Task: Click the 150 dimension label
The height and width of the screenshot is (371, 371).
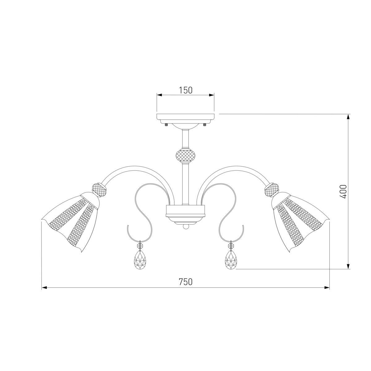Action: pyautogui.click(x=185, y=90)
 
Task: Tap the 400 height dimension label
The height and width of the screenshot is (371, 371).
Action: pyautogui.click(x=344, y=191)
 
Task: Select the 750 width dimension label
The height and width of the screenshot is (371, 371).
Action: pyautogui.click(x=185, y=282)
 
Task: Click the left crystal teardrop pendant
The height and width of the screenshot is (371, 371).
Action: pyautogui.click(x=140, y=260)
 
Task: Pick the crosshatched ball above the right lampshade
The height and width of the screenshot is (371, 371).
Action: pyautogui.click(x=271, y=189)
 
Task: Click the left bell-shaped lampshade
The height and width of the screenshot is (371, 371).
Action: pyautogui.click(x=73, y=220)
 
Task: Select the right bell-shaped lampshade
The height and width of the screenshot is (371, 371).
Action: pyautogui.click(x=298, y=220)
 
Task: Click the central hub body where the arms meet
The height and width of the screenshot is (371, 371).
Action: pyautogui.click(x=185, y=212)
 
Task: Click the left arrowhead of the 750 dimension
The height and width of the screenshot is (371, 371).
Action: pyautogui.click(x=44, y=288)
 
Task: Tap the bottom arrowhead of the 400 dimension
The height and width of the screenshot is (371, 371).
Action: pyautogui.click(x=348, y=267)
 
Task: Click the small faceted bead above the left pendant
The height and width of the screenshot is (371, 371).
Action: pyautogui.click(x=140, y=246)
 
